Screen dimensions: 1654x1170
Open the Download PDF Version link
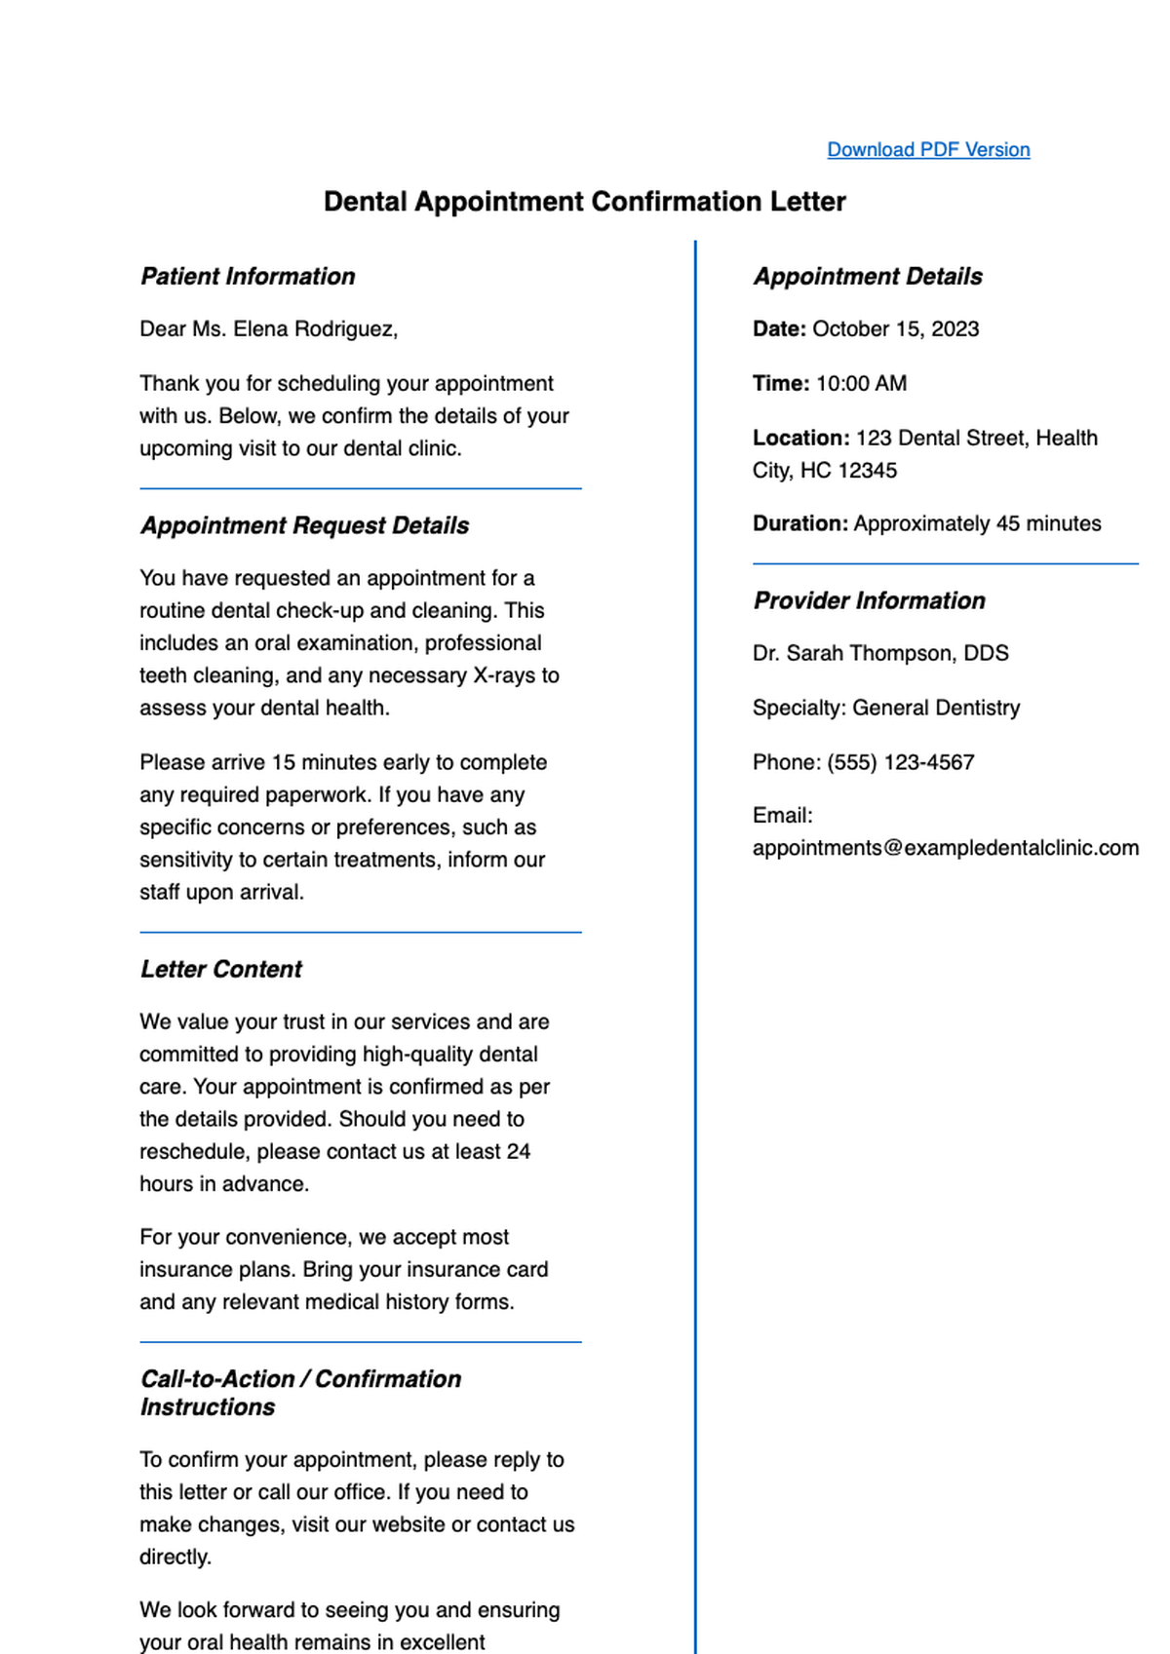[x=928, y=149]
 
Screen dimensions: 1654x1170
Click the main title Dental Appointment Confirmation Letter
[x=584, y=202]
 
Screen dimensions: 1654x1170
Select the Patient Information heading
[x=248, y=277]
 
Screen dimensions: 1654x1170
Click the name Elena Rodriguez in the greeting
[x=314, y=329]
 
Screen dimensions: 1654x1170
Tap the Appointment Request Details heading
[x=304, y=526]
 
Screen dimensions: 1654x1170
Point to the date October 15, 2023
[x=895, y=329]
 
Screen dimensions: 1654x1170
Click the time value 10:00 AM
[x=861, y=384]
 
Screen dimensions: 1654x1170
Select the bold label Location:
[x=800, y=439]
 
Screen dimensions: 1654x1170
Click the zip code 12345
[x=867, y=471]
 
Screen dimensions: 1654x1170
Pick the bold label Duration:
[x=799, y=524]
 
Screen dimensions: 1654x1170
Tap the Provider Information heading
[x=869, y=601]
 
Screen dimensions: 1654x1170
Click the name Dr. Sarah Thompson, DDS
[x=879, y=654]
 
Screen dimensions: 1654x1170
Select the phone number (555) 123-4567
[x=900, y=763]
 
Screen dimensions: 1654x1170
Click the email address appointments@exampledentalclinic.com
[x=945, y=848]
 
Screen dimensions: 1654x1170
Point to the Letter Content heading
[x=221, y=970]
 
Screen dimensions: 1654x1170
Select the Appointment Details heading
[x=867, y=277]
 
